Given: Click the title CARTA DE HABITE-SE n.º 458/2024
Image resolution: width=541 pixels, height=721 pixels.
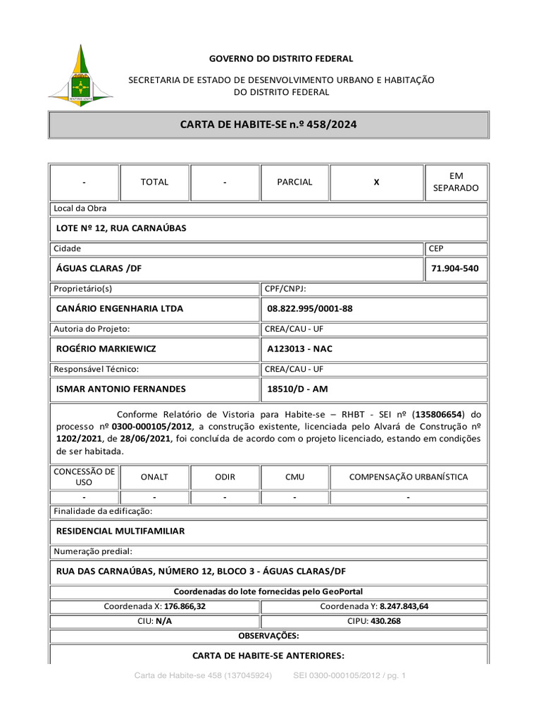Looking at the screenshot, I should pyautogui.click(x=268, y=125).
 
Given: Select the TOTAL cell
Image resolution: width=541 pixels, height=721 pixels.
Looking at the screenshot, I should pyautogui.click(x=154, y=182).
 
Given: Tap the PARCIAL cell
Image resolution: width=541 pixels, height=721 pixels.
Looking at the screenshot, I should pyautogui.click(x=294, y=182).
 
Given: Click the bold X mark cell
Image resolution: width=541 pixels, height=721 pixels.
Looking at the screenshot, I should pyautogui.click(x=376, y=182).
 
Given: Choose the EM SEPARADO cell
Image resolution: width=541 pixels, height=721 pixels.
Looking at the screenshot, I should pyautogui.click(x=456, y=182).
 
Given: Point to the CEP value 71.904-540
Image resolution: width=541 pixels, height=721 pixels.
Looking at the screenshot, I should pyautogui.click(x=456, y=268).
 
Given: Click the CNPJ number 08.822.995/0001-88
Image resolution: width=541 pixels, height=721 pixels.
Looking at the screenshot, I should pyautogui.click(x=310, y=308).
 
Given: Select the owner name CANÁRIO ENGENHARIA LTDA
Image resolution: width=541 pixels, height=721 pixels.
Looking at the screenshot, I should pyautogui.click(x=119, y=308).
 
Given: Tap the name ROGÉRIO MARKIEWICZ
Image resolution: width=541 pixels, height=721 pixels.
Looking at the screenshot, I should pyautogui.click(x=106, y=349).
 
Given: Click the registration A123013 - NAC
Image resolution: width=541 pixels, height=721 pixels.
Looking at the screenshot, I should pyautogui.click(x=299, y=349).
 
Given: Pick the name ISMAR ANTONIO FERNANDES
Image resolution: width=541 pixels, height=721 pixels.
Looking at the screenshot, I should pyautogui.click(x=120, y=389).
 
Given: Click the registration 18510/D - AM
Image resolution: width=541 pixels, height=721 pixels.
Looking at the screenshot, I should pyautogui.click(x=297, y=389).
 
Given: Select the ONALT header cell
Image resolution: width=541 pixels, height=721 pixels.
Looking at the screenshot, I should pyautogui.click(x=154, y=477).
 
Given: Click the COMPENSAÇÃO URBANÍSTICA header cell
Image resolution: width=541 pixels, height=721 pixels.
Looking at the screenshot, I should pyautogui.click(x=409, y=477).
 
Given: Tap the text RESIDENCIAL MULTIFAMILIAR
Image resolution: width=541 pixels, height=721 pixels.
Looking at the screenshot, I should pyautogui.click(x=120, y=531).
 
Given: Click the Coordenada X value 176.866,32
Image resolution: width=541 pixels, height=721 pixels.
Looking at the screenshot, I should pyautogui.click(x=185, y=606).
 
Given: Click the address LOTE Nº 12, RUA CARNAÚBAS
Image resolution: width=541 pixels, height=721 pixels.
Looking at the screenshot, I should pyautogui.click(x=120, y=228).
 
